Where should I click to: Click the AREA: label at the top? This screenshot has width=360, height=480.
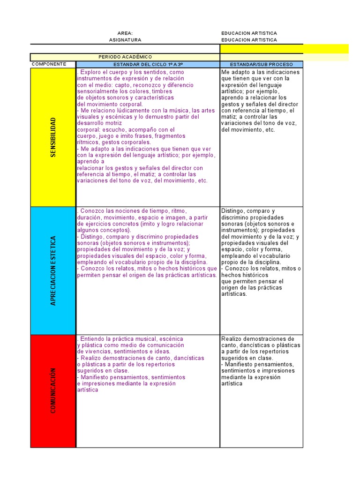pos(125,33)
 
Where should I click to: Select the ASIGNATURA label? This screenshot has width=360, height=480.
pos(125,40)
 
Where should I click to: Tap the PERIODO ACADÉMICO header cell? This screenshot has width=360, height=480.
pos(125,57)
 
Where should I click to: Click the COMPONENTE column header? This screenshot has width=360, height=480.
pos(52,64)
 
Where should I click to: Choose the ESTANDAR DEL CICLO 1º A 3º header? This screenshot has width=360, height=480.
pos(148,64)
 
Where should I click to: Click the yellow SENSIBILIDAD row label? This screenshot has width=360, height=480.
pos(53,137)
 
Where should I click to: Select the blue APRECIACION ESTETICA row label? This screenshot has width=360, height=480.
pos(53,270)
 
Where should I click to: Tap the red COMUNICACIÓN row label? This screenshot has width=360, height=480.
pos(53,390)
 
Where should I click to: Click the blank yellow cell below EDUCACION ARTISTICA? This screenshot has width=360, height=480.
pos(285,49)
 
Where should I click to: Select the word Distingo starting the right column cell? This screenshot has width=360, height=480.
pos(233,211)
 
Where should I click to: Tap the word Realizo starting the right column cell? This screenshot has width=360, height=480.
pos(232,339)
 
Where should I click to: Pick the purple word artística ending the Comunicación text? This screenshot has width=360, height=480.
pos(88,390)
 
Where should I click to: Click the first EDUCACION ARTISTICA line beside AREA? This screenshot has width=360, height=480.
pos(249,33)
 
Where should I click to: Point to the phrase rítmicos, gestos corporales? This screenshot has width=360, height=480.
pos(114,142)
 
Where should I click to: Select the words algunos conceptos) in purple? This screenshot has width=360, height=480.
pos(104,231)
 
